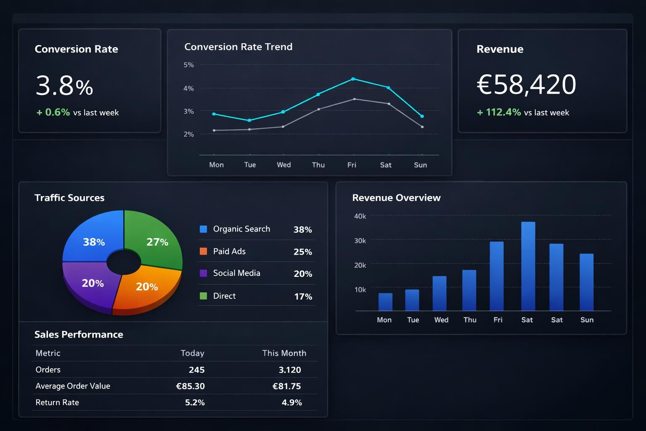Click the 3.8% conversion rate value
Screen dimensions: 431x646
pos(64,85)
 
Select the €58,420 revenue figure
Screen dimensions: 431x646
pos(526,84)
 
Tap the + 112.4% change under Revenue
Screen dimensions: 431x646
pos(499,112)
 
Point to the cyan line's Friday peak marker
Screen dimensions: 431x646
pos(353,79)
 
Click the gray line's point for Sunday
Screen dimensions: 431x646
pos(422,127)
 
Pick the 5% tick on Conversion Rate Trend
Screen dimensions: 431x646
pos(188,65)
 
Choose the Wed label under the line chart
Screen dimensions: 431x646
pos(283,165)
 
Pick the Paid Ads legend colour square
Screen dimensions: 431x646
pos(203,251)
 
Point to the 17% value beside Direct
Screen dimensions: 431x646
pos(303,296)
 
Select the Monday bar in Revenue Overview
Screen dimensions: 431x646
pos(385,302)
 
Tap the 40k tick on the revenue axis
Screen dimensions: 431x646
pos(360,216)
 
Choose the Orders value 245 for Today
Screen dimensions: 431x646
pos(196,370)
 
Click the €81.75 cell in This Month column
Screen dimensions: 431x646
pos(286,386)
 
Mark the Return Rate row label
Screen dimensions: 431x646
pos(57,402)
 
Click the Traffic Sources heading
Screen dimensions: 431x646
pos(69,197)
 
